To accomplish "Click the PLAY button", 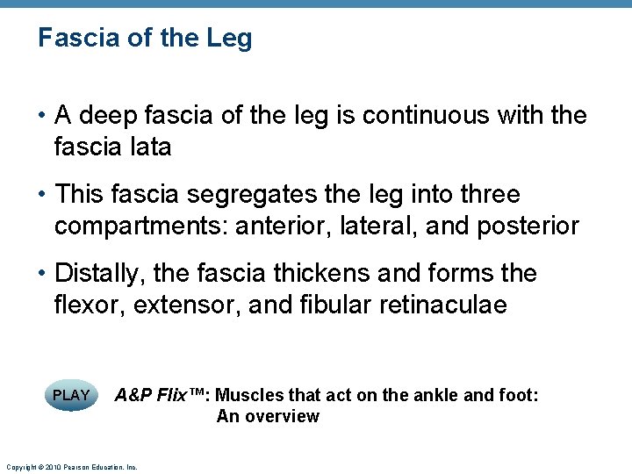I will coord(71,396).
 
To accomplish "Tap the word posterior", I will coord(528,226).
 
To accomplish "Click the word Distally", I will coord(99,273).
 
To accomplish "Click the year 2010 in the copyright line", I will coord(49,468).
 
